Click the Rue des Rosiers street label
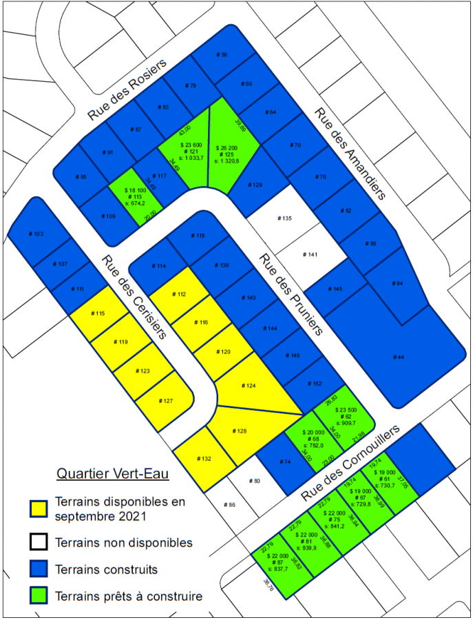[128, 90]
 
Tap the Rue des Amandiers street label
[350, 154]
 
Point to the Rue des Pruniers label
[290, 293]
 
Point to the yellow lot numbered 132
[203, 458]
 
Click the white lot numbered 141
[311, 255]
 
